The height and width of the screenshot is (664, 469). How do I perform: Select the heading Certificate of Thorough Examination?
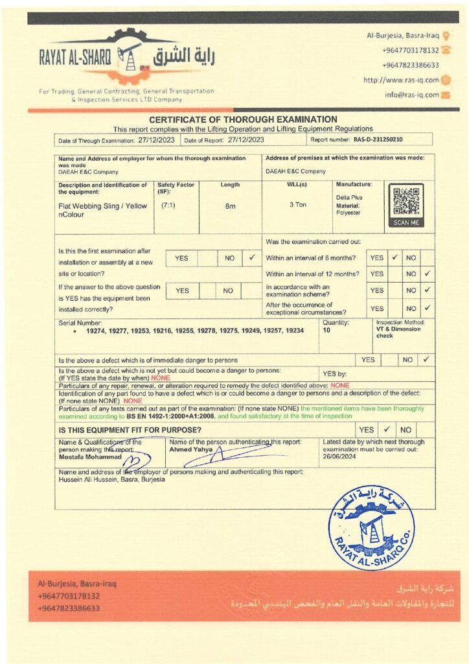(243, 119)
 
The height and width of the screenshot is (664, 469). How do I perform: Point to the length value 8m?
(230, 206)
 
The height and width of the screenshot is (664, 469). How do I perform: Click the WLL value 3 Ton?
(297, 205)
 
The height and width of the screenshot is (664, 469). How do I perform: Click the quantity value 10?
(326, 330)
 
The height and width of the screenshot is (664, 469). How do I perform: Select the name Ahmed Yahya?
(187, 449)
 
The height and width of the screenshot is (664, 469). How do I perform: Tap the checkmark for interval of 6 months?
(394, 257)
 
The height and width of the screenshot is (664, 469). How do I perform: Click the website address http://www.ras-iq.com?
(401, 80)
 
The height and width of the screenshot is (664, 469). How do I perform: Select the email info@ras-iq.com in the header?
(411, 95)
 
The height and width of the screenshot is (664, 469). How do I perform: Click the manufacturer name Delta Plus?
(349, 197)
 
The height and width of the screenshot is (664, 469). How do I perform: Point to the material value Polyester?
(349, 213)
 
